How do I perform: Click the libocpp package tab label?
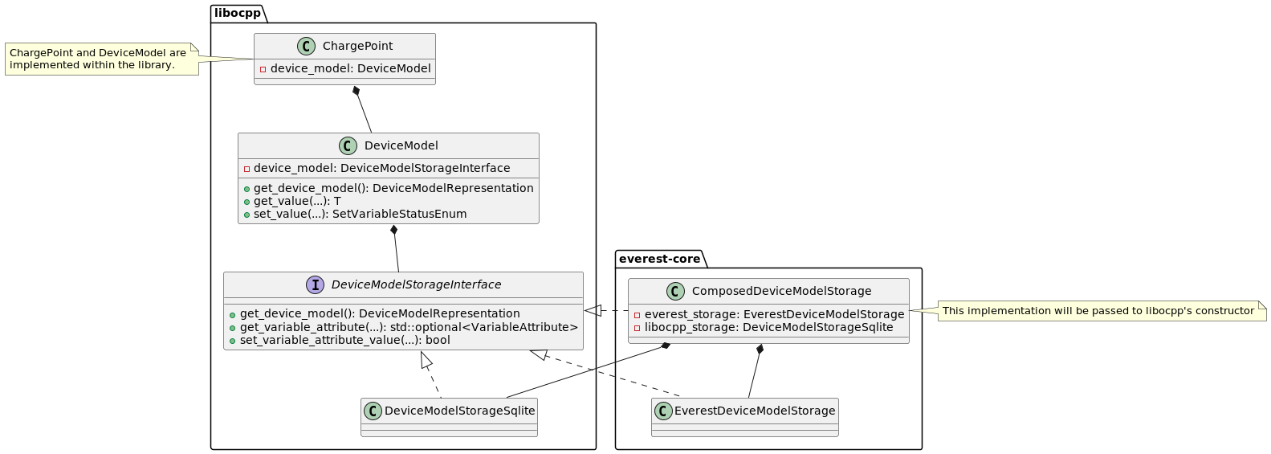pyautogui.click(x=238, y=13)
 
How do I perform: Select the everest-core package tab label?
pyautogui.click(x=659, y=258)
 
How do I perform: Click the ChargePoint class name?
pyautogui.click(x=357, y=46)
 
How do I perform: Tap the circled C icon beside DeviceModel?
pyautogui.click(x=348, y=145)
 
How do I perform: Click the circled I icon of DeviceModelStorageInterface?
pyautogui.click(x=315, y=284)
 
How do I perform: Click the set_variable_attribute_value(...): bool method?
pyautogui.click(x=344, y=340)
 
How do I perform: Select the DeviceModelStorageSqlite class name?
pyautogui.click(x=459, y=411)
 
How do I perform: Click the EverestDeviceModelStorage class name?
pyautogui.click(x=755, y=411)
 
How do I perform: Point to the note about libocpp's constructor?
pyautogui.click(x=1098, y=311)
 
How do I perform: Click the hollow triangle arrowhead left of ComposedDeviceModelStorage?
pyautogui.click(x=592, y=310)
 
